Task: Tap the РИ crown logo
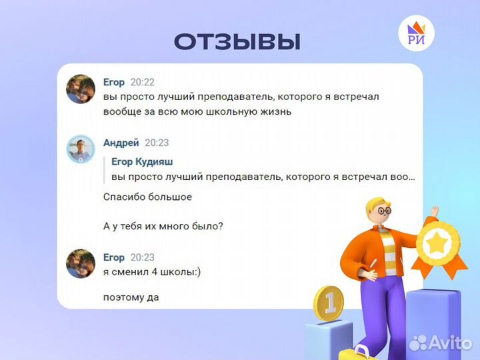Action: coord(415,35)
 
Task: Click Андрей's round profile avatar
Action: coord(81,148)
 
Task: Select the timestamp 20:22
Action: coord(142,82)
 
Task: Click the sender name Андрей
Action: coord(121,143)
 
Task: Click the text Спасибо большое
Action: coord(147,197)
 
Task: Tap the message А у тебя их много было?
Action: coord(163,226)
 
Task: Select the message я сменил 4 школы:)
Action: coord(150,271)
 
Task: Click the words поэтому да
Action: coord(131,297)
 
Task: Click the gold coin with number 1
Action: coord(328,303)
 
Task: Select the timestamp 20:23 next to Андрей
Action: coord(157,143)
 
